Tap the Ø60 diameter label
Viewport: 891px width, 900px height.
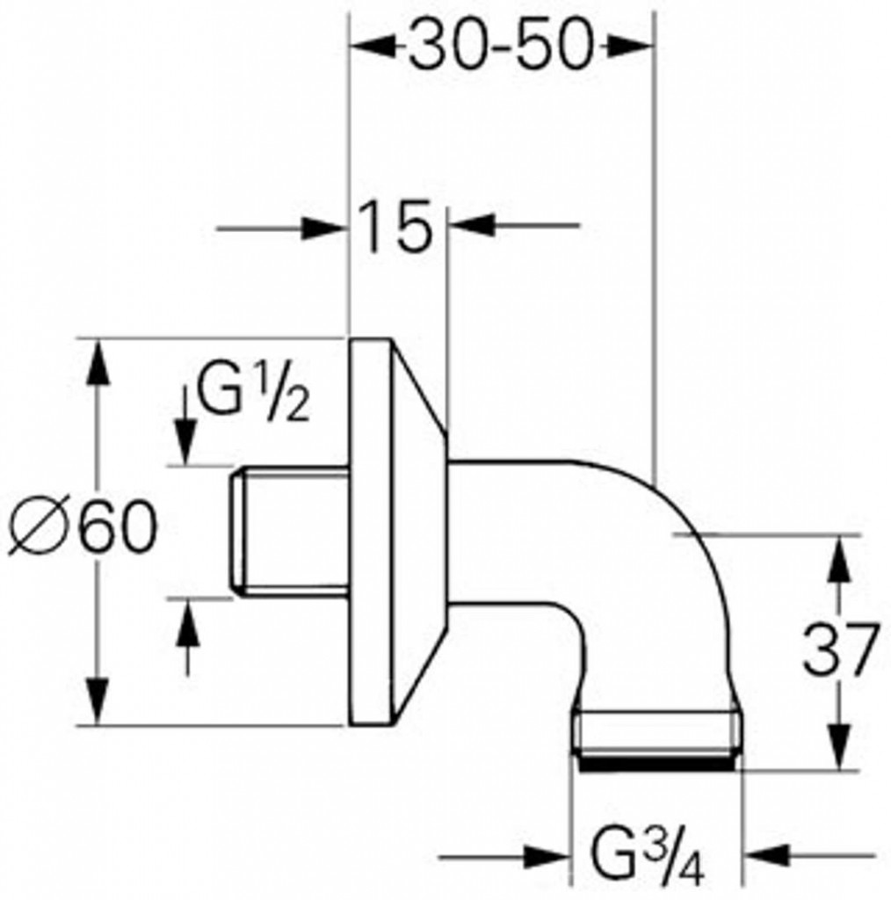[83, 526]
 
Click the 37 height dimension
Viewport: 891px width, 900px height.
[840, 650]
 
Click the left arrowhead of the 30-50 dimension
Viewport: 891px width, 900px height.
[373, 47]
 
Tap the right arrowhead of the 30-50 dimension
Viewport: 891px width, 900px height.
[631, 47]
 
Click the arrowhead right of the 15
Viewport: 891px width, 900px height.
[472, 225]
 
